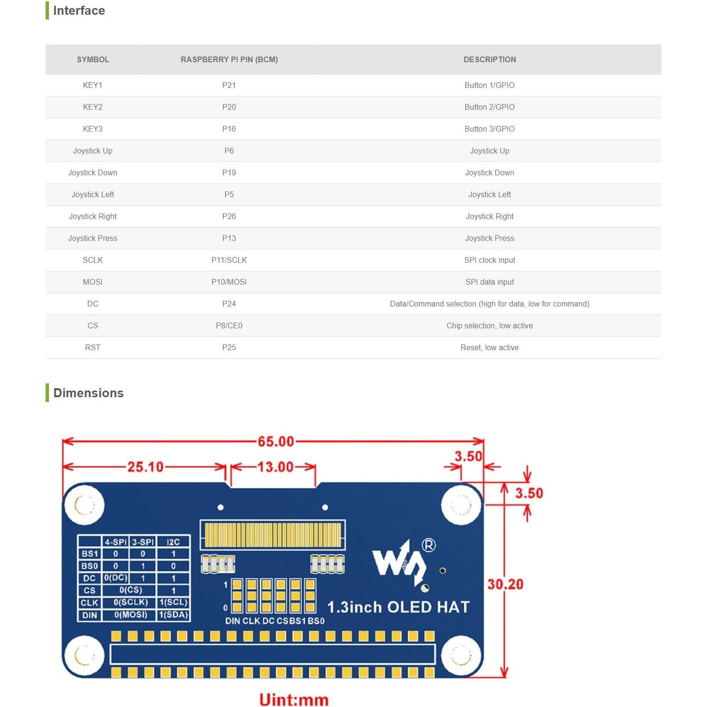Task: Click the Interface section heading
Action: pos(78,10)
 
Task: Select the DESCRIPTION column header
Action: pos(489,59)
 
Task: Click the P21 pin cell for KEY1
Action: pos(229,85)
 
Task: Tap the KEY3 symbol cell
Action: pos(93,129)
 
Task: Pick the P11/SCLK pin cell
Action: pos(229,260)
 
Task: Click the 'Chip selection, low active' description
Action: pos(489,325)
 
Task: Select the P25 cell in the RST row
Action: pos(229,347)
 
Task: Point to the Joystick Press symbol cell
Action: pos(93,238)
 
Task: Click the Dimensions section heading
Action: pos(88,393)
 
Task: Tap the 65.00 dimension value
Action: pos(276,441)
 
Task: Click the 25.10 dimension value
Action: pos(145,467)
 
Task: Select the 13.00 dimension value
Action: pos(275,467)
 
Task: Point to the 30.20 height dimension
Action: pos(505,584)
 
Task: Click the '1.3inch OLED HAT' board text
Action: pos(398,607)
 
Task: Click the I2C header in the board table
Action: pos(173,542)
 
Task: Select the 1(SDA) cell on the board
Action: pos(173,615)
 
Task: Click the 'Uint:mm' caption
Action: pos(294,699)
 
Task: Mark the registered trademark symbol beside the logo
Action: pos(429,545)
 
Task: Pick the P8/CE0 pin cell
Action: pos(229,325)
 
